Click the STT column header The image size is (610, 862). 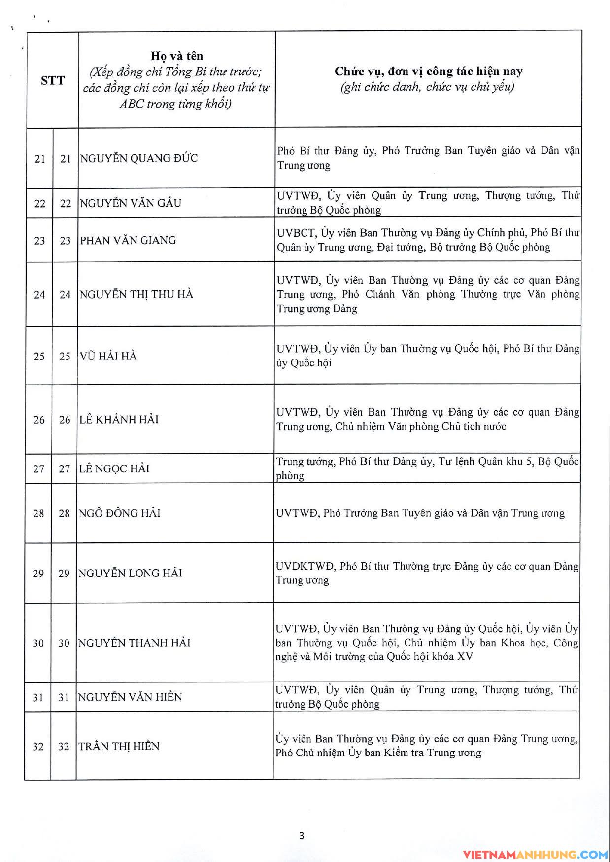(x=53, y=80)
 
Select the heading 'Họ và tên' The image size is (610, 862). (x=176, y=56)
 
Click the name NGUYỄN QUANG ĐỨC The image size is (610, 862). (x=139, y=159)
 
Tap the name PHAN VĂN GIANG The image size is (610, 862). (x=128, y=241)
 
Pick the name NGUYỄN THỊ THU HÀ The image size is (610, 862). (x=136, y=295)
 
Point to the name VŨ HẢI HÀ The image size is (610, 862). (x=108, y=356)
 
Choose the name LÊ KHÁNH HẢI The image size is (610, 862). (x=119, y=420)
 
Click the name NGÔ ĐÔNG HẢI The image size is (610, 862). (x=120, y=513)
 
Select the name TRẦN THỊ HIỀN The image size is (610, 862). (x=119, y=747)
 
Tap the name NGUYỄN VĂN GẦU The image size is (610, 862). (x=131, y=203)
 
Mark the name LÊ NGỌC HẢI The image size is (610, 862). (x=114, y=469)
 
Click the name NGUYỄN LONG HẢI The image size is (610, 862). (x=130, y=574)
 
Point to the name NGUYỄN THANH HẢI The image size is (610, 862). (x=134, y=643)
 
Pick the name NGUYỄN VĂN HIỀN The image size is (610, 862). (x=130, y=697)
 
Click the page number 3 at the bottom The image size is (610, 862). (x=302, y=836)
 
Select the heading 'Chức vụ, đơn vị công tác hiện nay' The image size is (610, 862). (x=428, y=72)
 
